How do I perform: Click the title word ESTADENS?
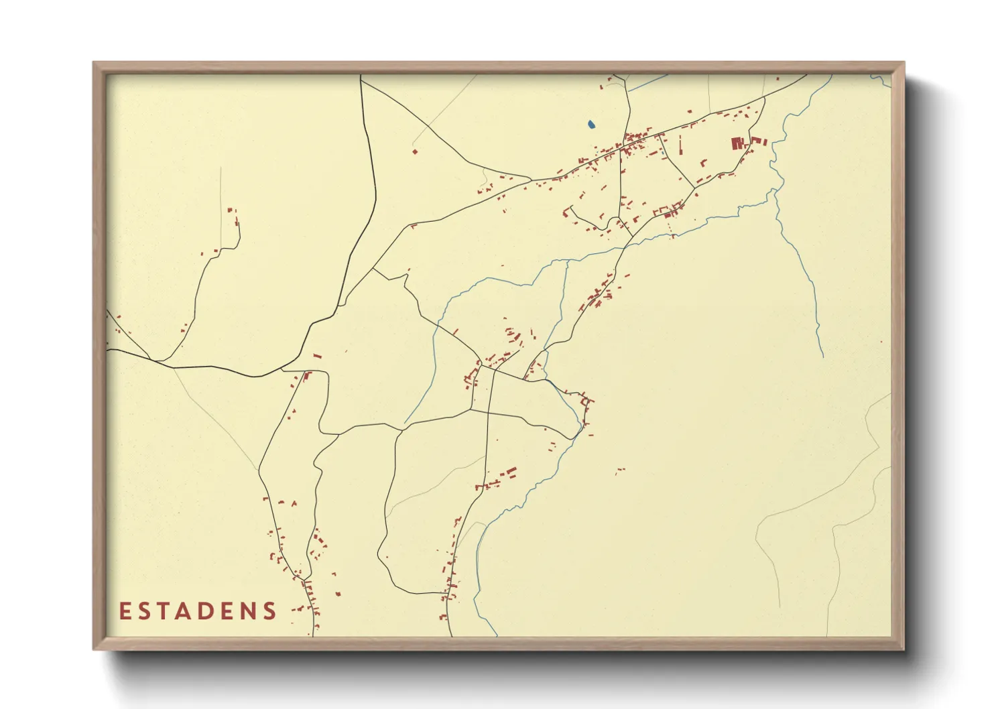point(198,611)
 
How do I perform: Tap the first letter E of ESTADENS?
point(125,611)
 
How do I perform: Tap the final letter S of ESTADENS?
point(270,611)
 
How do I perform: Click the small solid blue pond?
point(591,124)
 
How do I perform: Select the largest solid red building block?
point(737,143)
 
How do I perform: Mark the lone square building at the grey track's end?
point(415,151)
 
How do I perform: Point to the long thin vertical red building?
point(681,145)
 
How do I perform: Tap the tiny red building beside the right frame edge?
point(881,341)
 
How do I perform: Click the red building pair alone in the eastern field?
point(620,471)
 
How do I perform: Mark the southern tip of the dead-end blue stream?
point(822,356)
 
